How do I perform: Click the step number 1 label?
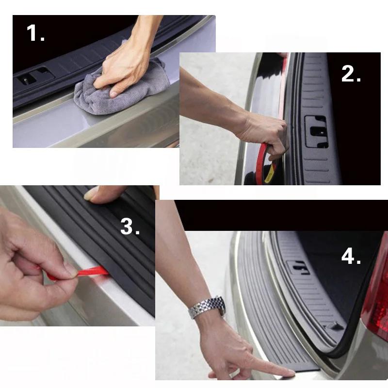[x=35, y=33]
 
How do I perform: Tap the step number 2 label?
[x=351, y=74]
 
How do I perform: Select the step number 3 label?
[x=129, y=226]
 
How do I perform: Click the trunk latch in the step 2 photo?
[x=316, y=131]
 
